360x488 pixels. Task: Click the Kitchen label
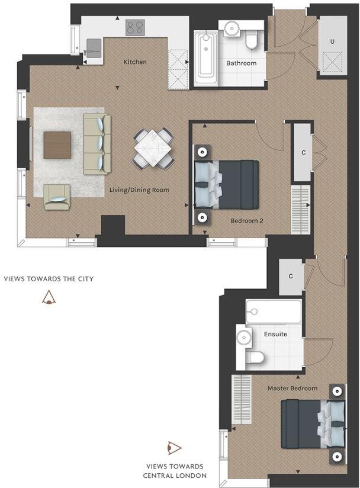134,62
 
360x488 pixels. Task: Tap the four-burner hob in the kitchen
135,27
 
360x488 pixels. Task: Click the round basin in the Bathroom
231,28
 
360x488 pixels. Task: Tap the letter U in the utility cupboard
332,41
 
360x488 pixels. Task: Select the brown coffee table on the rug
57,145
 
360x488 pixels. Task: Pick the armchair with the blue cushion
57,196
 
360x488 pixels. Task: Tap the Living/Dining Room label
139,190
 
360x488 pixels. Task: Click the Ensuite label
275,334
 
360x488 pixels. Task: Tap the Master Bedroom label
292,389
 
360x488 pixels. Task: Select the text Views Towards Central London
175,471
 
